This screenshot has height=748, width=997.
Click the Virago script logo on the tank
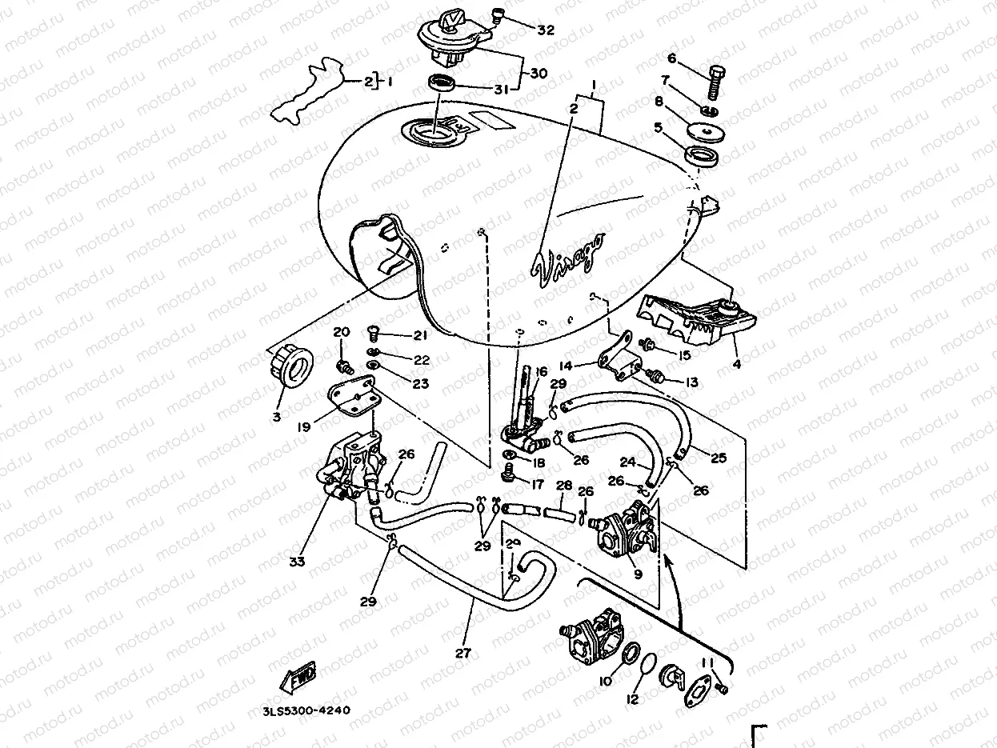pyautogui.click(x=569, y=258)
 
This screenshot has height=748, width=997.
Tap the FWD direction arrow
pyautogui.click(x=298, y=677)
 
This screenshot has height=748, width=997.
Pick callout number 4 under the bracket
pyautogui.click(x=736, y=364)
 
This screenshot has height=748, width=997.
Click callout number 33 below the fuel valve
pyautogui.click(x=297, y=562)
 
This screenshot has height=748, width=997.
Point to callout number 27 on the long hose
pyautogui.click(x=462, y=652)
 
